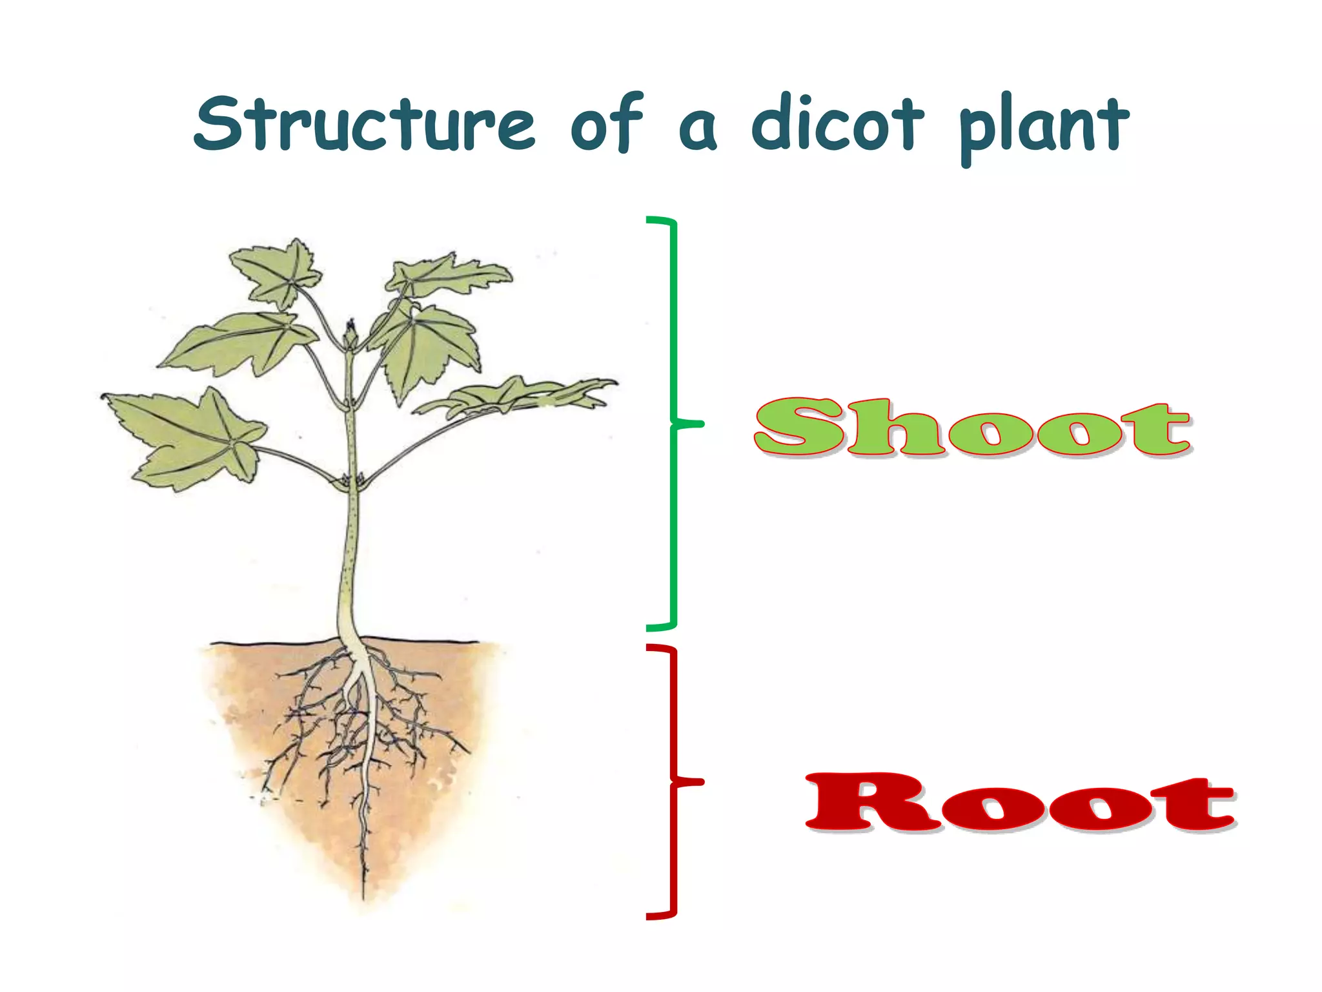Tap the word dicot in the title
coord(837,123)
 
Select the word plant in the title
coord(1044,126)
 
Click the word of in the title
coord(607,123)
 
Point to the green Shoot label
coord(972,427)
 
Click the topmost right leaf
coord(445,274)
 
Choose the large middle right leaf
coord(429,349)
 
